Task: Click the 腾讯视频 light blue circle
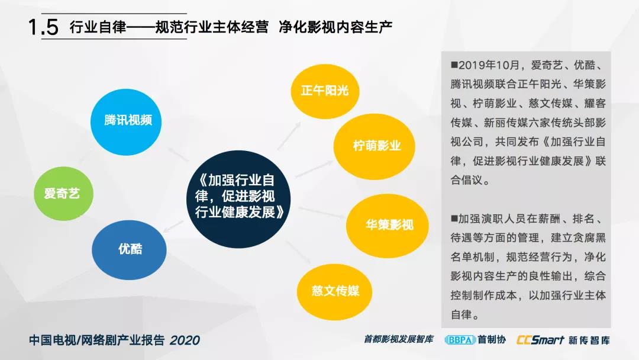pos(126,122)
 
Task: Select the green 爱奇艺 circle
pos(63,194)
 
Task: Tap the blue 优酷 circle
pos(129,250)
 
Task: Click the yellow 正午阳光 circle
pos(325,91)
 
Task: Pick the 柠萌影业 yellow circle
pos(374,146)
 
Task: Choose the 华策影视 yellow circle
pos(387,226)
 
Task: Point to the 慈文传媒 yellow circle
pos(334,291)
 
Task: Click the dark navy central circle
pos(238,199)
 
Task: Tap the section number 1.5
pos(43,27)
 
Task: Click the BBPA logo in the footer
pos(460,340)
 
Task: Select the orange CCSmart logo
pos(540,340)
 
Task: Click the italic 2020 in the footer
pos(185,340)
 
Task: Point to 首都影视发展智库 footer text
pos(398,339)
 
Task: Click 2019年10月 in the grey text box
pos(489,65)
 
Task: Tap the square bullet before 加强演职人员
pos(454,219)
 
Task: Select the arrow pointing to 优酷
pos(173,227)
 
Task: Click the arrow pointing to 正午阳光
pos(289,136)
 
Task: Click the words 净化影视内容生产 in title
pos(335,27)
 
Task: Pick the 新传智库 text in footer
pos(589,340)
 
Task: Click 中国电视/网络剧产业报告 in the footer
pos(97,340)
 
